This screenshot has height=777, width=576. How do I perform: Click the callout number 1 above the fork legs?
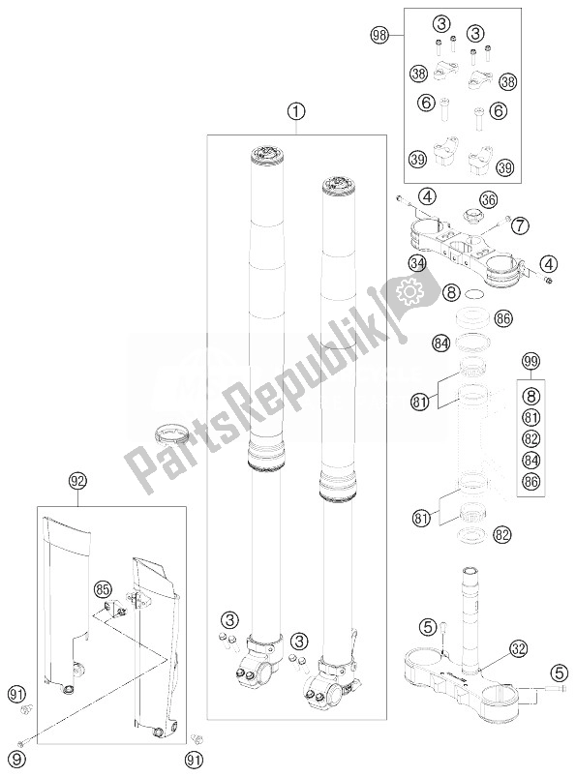pyautogui.click(x=296, y=112)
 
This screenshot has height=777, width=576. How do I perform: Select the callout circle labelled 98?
pyautogui.click(x=379, y=35)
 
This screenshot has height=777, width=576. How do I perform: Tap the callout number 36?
pyautogui.click(x=488, y=200)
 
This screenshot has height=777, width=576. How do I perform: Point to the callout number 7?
pyautogui.click(x=520, y=226)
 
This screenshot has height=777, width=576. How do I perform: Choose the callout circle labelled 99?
pyautogui.click(x=531, y=361)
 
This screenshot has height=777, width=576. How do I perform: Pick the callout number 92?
pyautogui.click(x=78, y=481)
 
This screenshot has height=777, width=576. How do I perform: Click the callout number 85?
pyautogui.click(x=104, y=589)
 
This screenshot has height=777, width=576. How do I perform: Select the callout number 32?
pyautogui.click(x=519, y=648)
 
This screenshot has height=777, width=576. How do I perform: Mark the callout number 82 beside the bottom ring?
pyautogui.click(x=502, y=534)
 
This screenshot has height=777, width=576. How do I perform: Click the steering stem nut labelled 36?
pyautogui.click(x=469, y=217)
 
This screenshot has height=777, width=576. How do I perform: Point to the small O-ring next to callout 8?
pyautogui.click(x=474, y=295)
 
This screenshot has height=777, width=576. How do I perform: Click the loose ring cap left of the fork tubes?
pyautogui.click(x=170, y=433)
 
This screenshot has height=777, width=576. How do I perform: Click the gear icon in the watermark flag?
pyautogui.click(x=409, y=293)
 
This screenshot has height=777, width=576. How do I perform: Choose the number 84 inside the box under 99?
pyautogui.click(x=531, y=460)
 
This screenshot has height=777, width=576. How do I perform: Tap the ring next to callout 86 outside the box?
pyautogui.click(x=471, y=317)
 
